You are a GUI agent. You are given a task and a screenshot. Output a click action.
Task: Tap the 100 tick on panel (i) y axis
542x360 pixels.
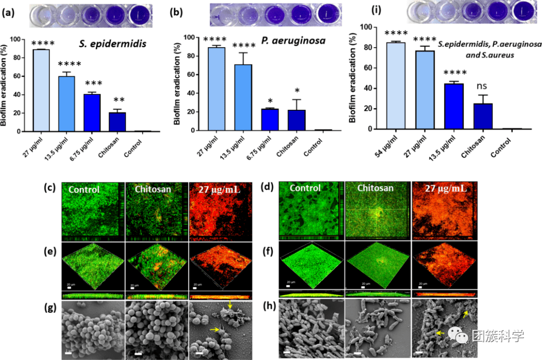click(372, 27)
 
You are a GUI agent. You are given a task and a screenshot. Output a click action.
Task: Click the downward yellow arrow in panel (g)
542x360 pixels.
click(229, 305)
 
